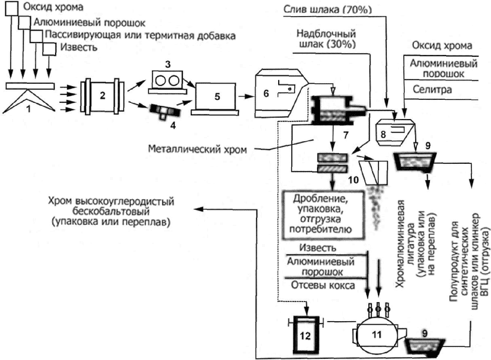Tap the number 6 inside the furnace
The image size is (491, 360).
pos(266,93)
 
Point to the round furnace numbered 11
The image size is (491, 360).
pos(376,335)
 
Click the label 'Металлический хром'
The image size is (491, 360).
pos(197,149)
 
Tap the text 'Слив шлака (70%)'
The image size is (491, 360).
pos(328,10)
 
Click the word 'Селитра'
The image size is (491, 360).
pos(432,90)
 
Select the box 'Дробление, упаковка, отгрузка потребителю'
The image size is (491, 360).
pos(324,215)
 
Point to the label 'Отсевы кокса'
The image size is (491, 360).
pos(323,285)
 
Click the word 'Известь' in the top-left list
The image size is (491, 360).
pos(79,47)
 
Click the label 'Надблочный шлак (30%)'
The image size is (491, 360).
pos(327,39)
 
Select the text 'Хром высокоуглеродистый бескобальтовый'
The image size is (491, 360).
pos(111,206)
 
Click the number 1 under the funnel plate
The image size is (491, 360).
pos(29,109)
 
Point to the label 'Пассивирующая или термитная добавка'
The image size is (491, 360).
pos(141,35)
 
